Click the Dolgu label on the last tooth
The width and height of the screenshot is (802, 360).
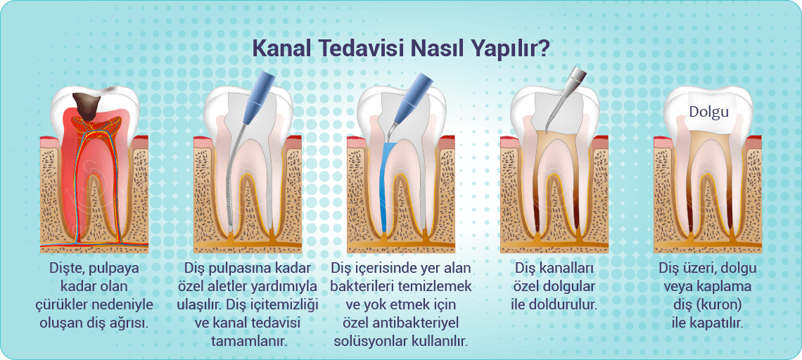point(708,111)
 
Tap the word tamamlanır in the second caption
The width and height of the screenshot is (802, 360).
point(248,340)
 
